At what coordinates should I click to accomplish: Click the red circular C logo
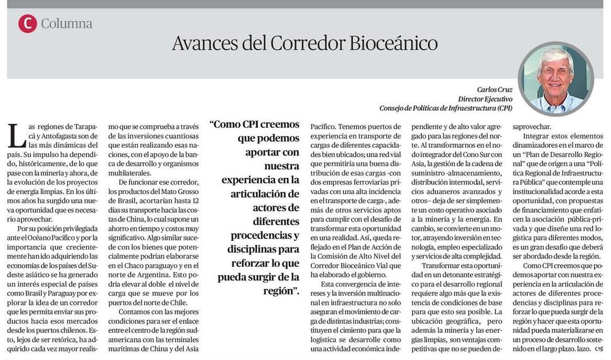point(27,24)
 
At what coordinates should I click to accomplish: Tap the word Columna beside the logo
point(67,24)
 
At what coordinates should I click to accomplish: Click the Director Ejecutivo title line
point(485,99)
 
